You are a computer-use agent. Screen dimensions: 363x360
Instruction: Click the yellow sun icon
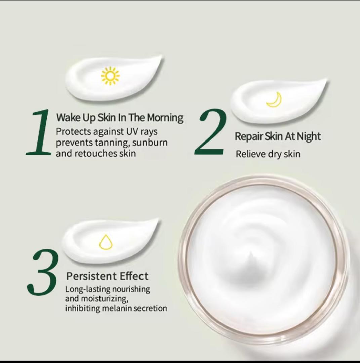pos(110,76)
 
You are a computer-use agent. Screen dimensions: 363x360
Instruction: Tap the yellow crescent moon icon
pos(274,99)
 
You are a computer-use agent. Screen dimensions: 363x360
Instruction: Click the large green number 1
pos(39,133)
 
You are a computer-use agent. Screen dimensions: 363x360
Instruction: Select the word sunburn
pos(150,143)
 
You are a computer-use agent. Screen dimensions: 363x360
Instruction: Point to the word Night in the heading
pos(309,136)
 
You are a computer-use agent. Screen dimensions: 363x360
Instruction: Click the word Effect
pos(134,276)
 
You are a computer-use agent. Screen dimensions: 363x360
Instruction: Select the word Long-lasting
pos(87,289)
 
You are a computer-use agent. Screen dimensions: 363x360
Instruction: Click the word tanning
pos(109,143)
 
